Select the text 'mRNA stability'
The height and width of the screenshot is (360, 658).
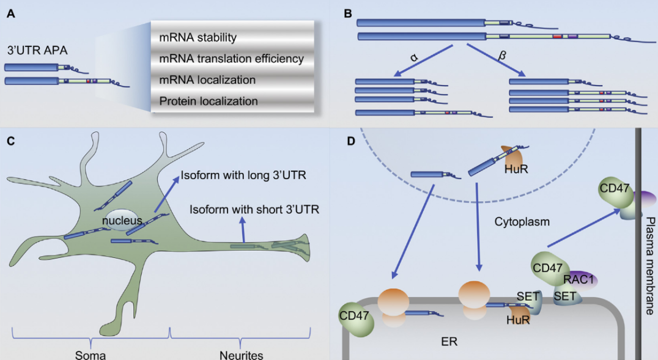coord(198,38)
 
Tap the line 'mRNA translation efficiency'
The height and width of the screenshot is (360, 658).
coord(231,59)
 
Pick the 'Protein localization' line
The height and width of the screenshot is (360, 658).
coord(208,101)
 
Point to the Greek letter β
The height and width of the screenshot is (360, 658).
coord(503,57)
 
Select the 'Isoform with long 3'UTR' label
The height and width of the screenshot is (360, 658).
coord(248,176)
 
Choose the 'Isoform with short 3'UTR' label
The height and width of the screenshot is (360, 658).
coord(254,210)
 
